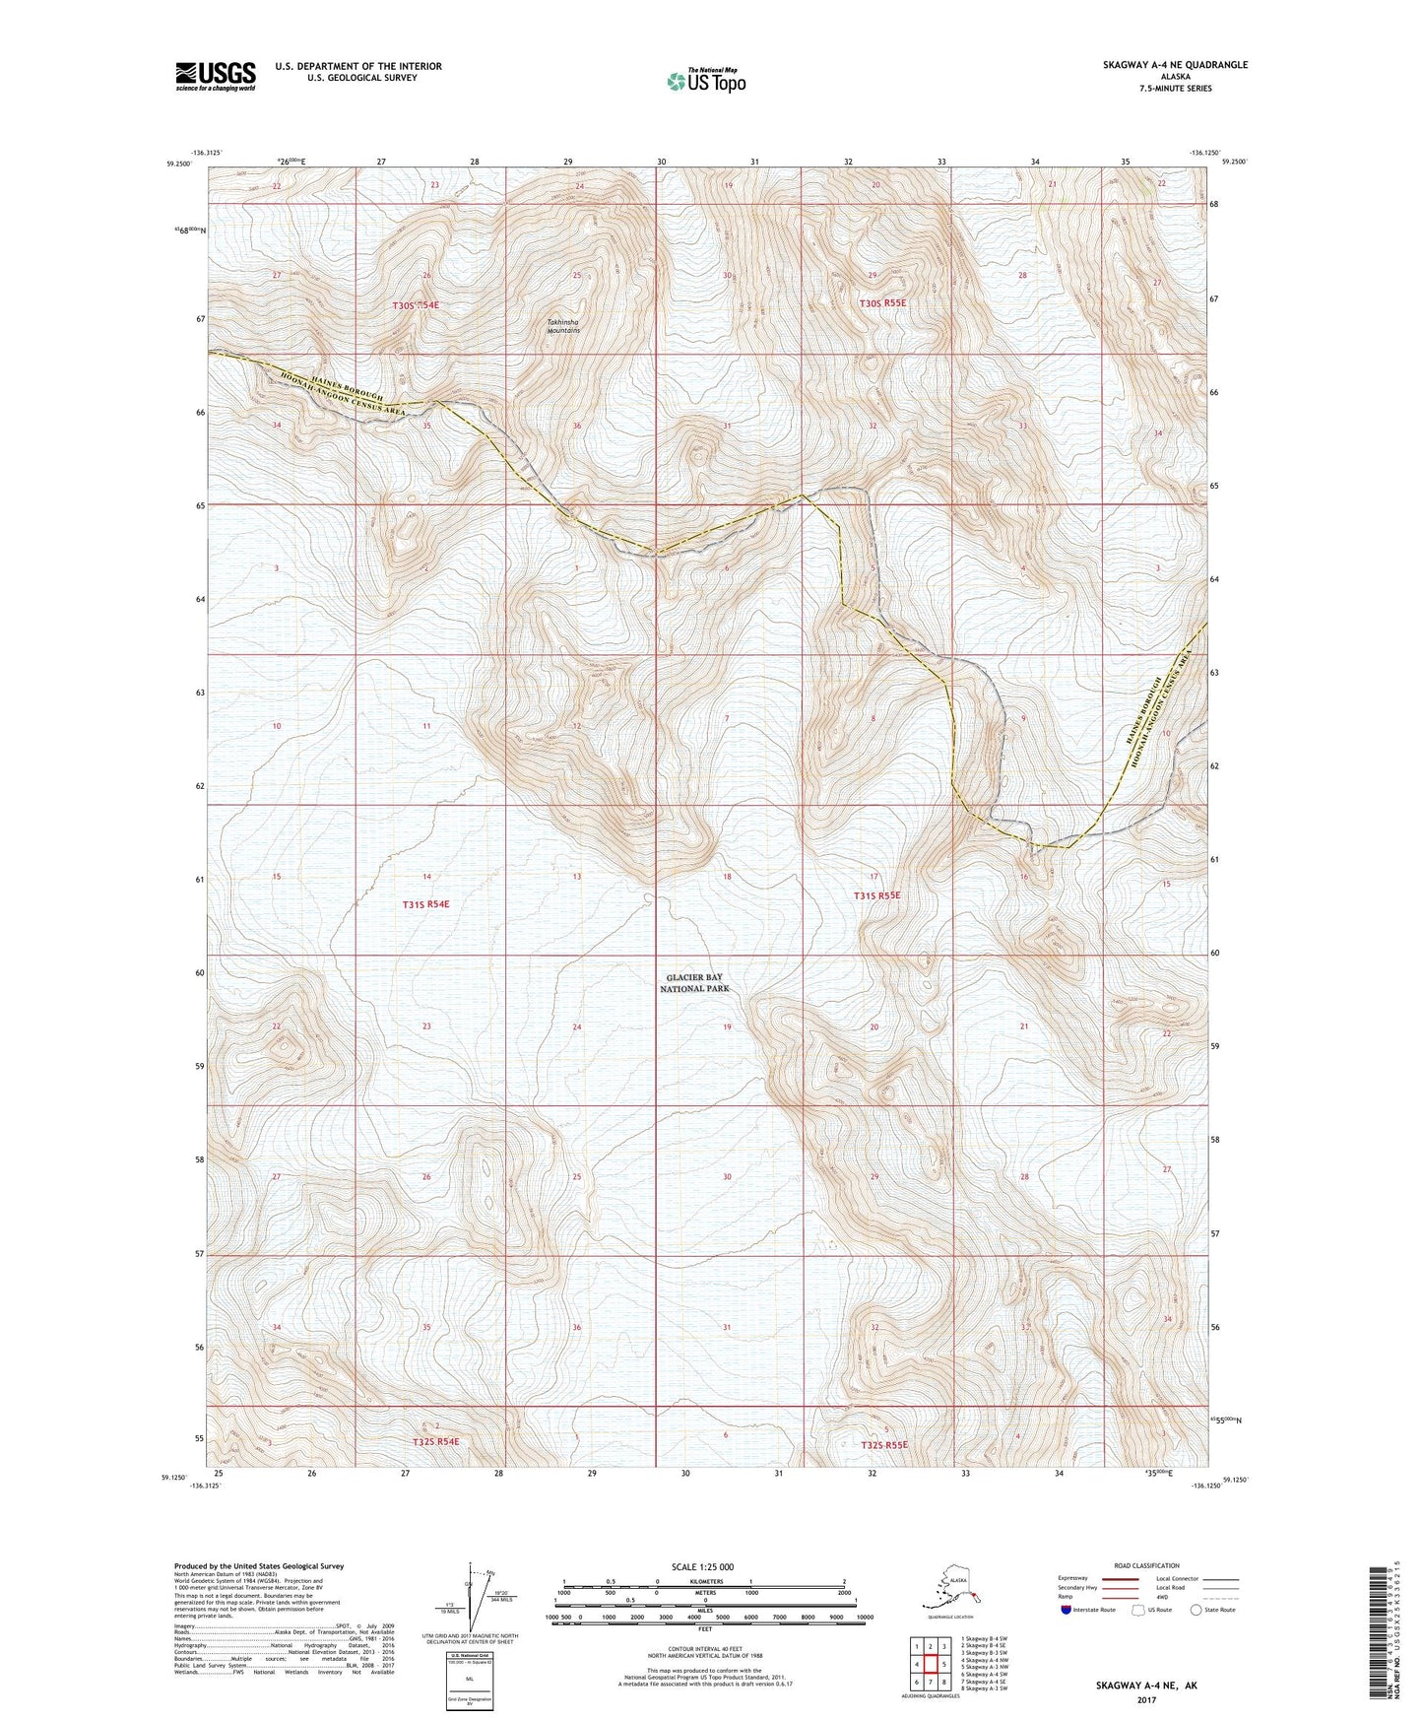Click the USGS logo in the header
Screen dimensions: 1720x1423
coord(215,76)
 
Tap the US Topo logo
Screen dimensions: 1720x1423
coord(705,81)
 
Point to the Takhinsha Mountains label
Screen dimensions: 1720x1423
coord(563,326)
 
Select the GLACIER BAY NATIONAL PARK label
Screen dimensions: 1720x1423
coord(694,982)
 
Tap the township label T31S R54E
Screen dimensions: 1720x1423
coord(425,903)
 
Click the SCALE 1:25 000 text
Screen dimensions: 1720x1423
coord(704,1566)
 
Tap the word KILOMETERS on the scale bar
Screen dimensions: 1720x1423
coord(703,1581)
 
